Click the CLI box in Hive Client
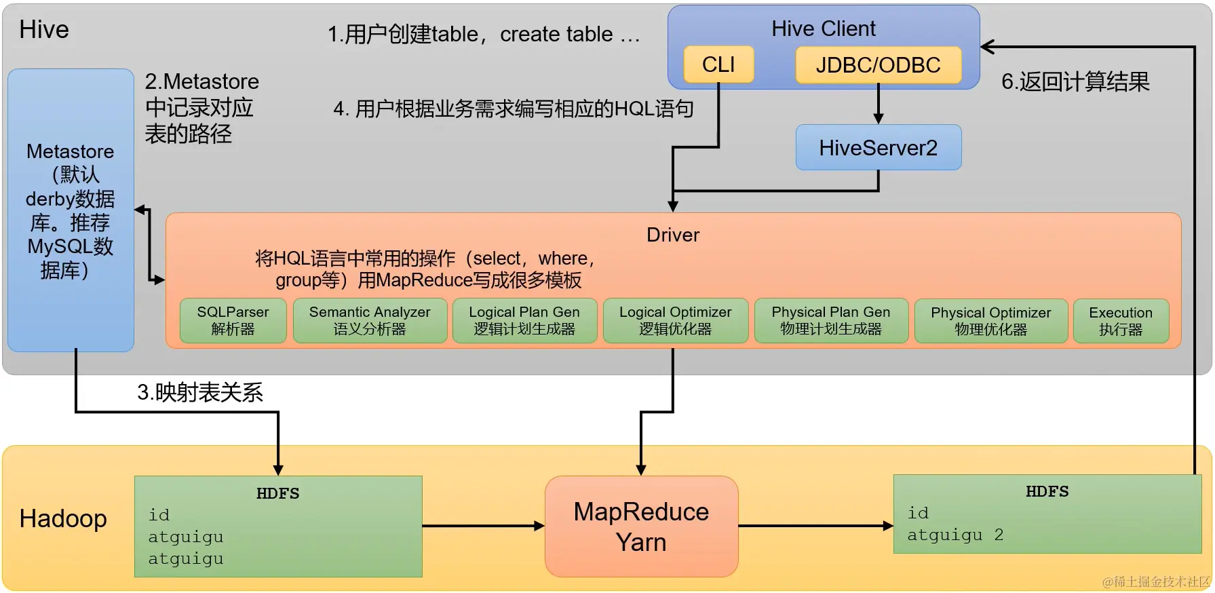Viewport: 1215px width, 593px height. point(718,64)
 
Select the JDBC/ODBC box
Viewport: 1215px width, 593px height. point(878,65)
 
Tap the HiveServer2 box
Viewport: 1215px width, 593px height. point(878,147)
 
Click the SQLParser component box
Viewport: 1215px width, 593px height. point(233,320)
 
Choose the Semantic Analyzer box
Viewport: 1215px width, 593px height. point(370,320)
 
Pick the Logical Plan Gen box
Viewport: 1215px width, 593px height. point(524,320)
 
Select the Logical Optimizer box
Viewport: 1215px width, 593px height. point(675,320)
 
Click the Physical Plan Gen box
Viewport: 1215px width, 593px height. point(830,320)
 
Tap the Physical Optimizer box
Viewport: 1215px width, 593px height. point(990,321)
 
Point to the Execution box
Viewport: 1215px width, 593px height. point(1121,321)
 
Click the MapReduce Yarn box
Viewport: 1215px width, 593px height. point(641,527)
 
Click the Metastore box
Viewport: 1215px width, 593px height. point(71,210)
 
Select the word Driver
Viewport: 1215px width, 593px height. point(672,235)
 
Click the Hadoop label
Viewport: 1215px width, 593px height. point(63,518)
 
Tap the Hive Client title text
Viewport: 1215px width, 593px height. point(823,28)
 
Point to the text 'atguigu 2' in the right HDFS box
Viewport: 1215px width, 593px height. point(954,535)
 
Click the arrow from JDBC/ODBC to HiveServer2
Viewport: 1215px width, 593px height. point(878,104)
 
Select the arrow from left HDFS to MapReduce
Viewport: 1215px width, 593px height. point(483,526)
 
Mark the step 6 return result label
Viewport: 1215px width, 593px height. point(1075,81)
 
